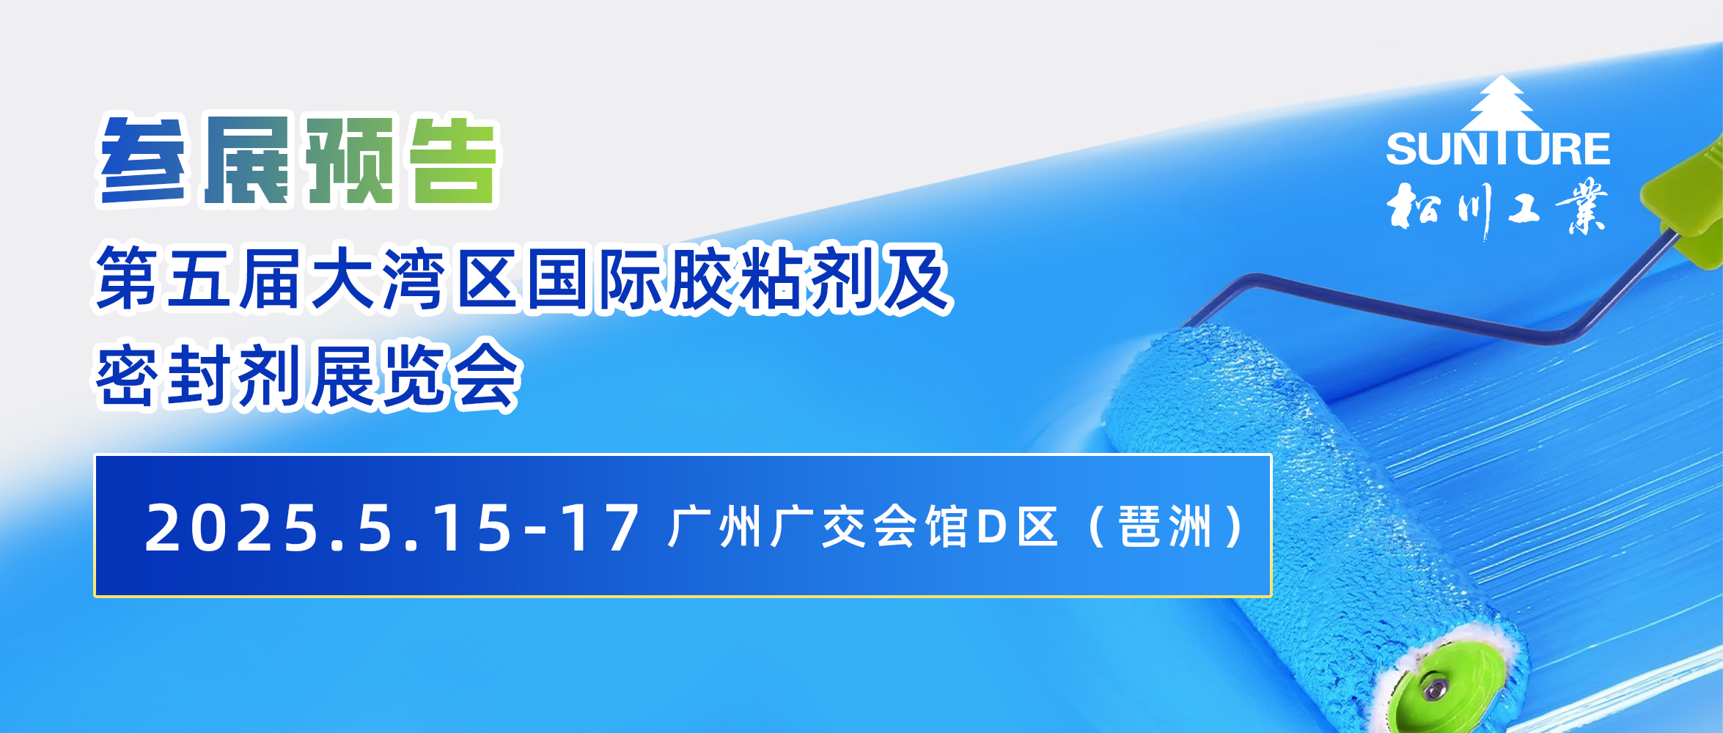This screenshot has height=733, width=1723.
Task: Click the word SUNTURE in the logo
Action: point(1498,149)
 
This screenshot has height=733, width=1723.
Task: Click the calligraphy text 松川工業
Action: point(1496,207)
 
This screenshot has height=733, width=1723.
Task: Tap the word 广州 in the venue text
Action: point(715,526)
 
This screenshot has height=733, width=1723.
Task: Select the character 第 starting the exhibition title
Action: point(125,279)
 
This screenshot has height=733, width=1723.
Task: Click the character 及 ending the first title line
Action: point(917,279)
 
